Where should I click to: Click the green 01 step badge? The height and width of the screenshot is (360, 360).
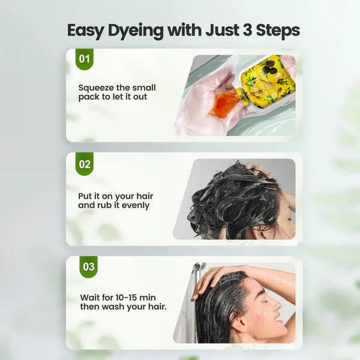[x=85, y=59]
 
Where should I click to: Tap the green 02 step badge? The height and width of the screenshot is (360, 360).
[x=85, y=163]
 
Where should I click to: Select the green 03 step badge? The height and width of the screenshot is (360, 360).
[x=89, y=266]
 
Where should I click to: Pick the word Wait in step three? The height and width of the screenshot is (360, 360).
[x=91, y=297]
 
